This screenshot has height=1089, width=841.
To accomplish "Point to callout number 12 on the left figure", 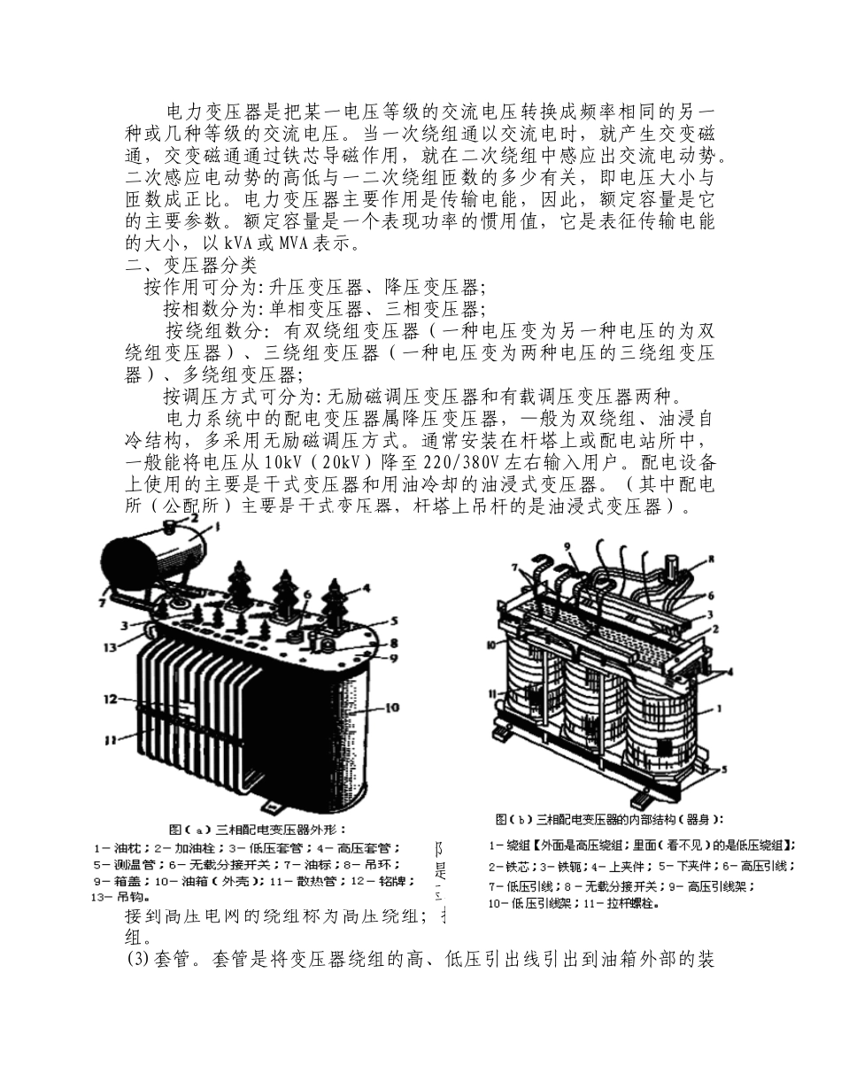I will [x=109, y=699].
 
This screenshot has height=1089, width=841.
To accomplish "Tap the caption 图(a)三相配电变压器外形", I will [x=253, y=830].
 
